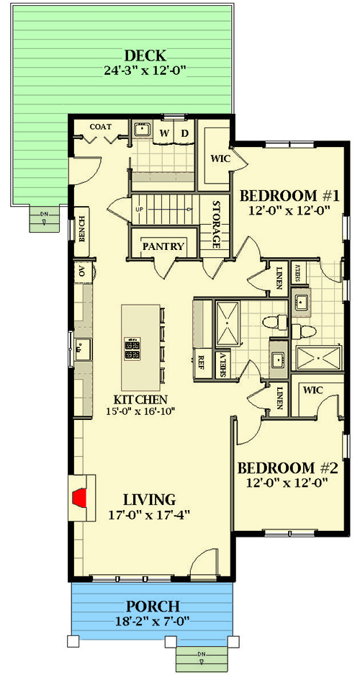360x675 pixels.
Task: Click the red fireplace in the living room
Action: click(x=81, y=496)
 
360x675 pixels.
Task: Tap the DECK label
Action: click(x=145, y=56)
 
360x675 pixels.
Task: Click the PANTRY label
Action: click(x=163, y=246)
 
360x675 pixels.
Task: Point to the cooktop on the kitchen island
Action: click(x=134, y=349)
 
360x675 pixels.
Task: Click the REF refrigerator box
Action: click(x=202, y=362)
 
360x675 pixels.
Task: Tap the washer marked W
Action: click(x=164, y=133)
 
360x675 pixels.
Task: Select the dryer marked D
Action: click(x=184, y=133)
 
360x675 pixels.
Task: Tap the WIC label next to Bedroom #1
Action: click(x=220, y=159)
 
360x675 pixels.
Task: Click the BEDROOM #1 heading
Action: click(x=289, y=196)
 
